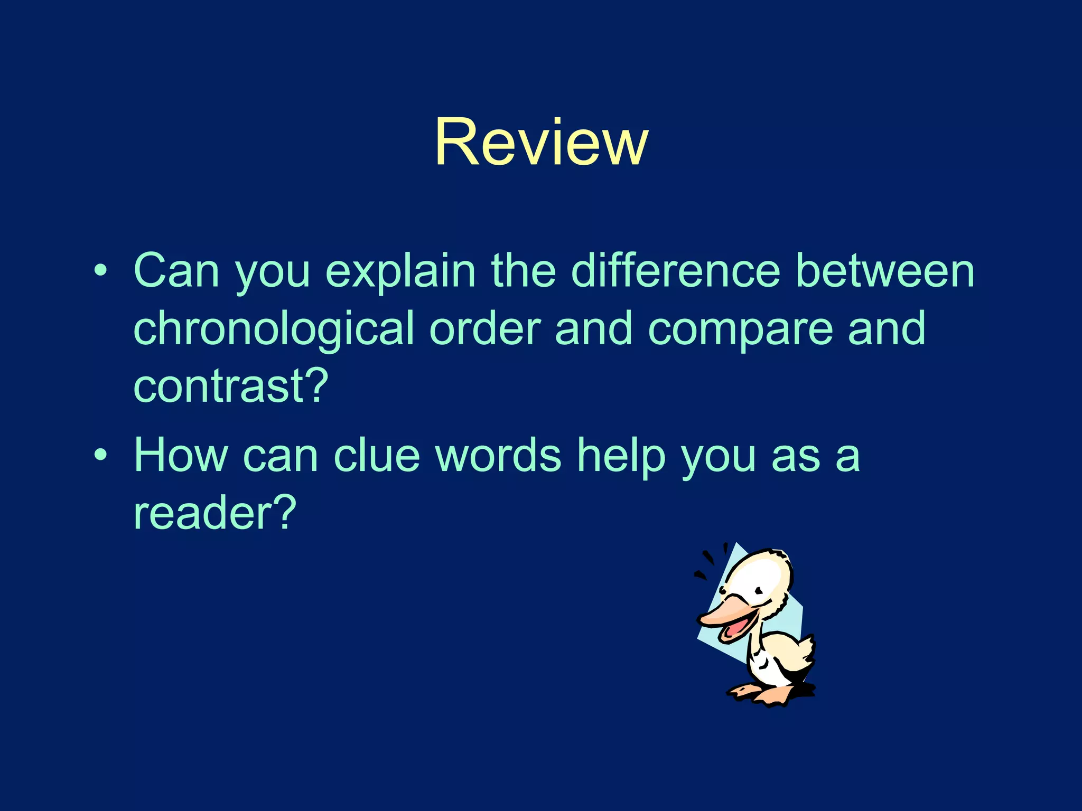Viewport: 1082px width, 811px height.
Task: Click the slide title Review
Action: pyautogui.click(x=541, y=143)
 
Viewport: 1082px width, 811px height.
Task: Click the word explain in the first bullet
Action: pyautogui.click(x=400, y=271)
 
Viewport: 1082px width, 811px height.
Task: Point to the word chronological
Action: pyautogui.click(x=274, y=329)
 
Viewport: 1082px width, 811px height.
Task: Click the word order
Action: pyautogui.click(x=485, y=328)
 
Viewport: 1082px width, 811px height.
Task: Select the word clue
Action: pyautogui.click(x=377, y=455)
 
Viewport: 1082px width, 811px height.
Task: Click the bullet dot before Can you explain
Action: pyautogui.click(x=100, y=272)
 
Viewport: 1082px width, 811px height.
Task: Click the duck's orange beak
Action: pyautogui.click(x=729, y=612)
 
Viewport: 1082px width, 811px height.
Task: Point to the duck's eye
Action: pyautogui.click(x=759, y=590)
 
